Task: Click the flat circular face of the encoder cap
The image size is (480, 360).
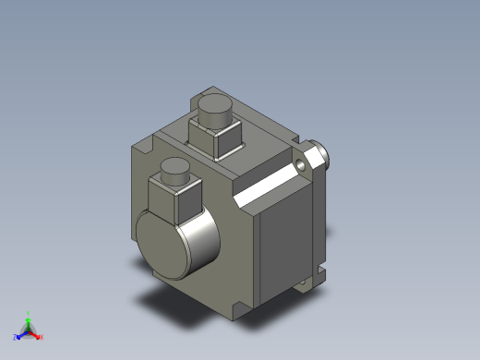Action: (x=162, y=244)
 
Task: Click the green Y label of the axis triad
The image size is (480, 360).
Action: (x=29, y=314)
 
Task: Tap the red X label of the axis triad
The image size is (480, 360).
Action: (x=42, y=337)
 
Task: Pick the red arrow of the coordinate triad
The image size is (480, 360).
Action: (x=35, y=334)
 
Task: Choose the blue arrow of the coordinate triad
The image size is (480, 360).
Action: (x=22, y=334)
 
